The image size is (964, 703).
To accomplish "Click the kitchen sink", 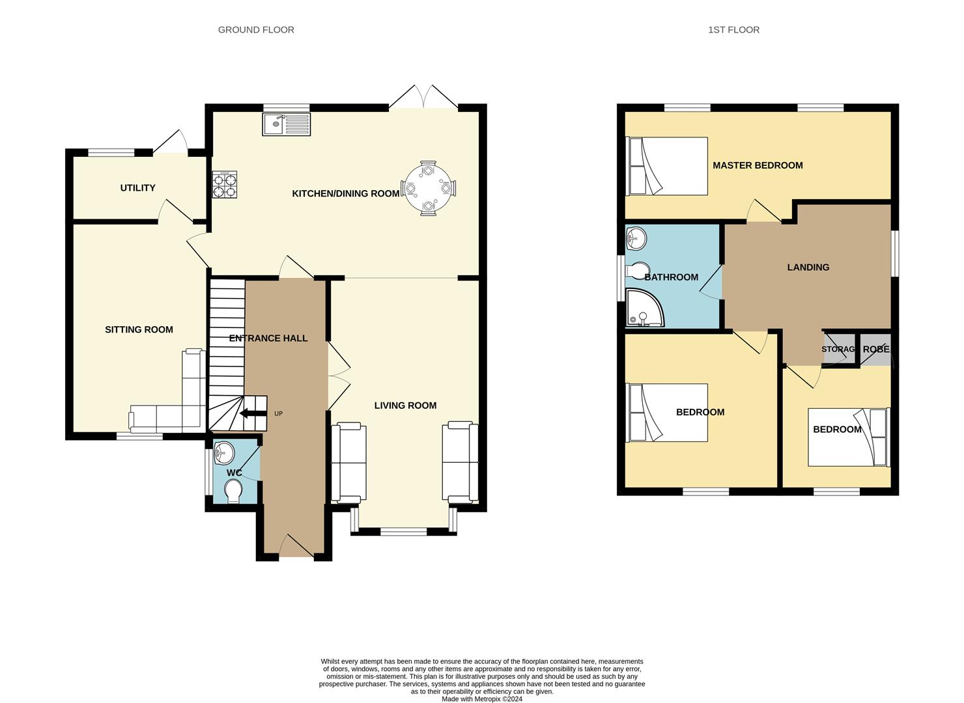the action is click(x=286, y=124).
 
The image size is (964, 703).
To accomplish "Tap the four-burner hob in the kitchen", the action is click(x=225, y=184).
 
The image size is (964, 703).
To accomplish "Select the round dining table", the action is click(x=428, y=188).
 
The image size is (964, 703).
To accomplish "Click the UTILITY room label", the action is click(x=137, y=188).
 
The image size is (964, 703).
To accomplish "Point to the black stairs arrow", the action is click(x=252, y=413).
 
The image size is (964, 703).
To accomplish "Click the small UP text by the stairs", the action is click(x=278, y=413).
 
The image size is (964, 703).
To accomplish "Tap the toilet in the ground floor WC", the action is click(x=233, y=491).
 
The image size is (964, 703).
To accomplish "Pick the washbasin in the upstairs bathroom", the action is click(x=636, y=238).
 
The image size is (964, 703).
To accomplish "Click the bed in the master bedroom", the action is click(x=666, y=166).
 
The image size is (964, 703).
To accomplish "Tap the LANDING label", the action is click(x=808, y=268).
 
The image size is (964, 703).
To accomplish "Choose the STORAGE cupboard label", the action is click(x=838, y=349).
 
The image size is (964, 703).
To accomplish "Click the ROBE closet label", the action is click(x=876, y=349).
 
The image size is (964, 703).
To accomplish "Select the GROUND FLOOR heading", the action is click(x=256, y=30).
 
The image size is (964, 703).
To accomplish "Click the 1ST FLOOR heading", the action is click(x=734, y=30).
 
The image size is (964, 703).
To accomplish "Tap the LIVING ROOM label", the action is click(x=405, y=406).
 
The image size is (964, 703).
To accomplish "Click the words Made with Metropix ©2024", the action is click(x=482, y=699).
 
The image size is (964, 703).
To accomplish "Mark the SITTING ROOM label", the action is click(x=139, y=330).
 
